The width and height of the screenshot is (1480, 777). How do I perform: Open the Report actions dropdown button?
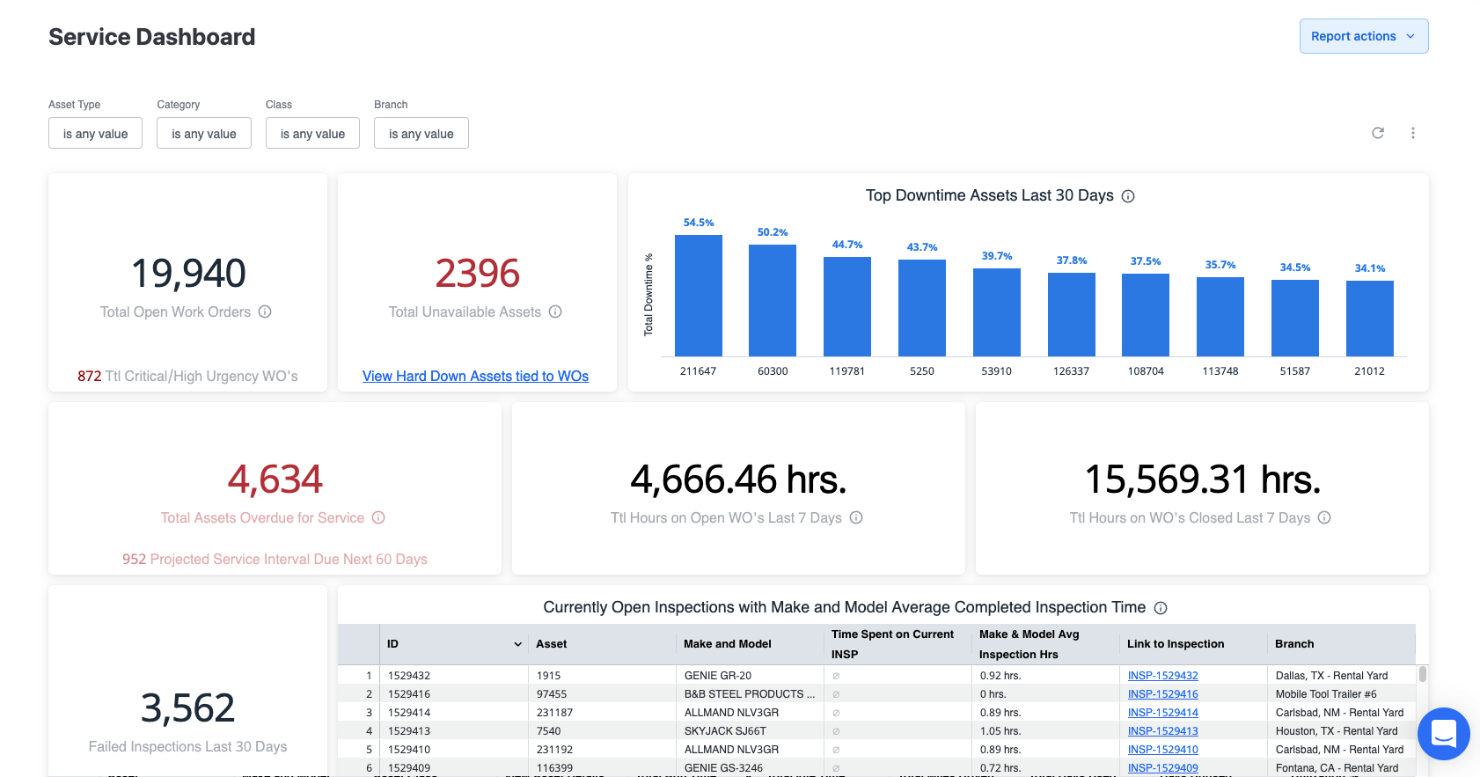tap(1363, 36)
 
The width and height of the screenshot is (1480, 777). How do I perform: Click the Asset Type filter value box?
tap(95, 134)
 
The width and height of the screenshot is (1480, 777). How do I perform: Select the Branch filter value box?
tap(421, 134)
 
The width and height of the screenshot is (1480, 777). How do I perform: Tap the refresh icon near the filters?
tap(1378, 133)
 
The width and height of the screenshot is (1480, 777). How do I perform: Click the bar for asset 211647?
tap(698, 296)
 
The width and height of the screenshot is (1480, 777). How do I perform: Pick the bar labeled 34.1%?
tap(1369, 319)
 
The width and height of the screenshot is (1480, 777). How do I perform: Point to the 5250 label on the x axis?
tap(921, 371)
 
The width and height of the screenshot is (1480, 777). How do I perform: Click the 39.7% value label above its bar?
tap(997, 256)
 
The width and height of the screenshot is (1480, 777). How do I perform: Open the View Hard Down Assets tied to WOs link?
tap(475, 377)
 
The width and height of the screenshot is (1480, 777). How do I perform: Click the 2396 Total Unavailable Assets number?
tap(477, 274)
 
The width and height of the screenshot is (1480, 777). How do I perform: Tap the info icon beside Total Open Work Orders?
tap(265, 312)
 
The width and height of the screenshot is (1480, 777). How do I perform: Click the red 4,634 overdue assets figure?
tap(275, 480)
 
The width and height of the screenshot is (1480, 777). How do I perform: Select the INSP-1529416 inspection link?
tap(1162, 694)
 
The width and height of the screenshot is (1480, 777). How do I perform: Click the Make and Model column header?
tap(728, 644)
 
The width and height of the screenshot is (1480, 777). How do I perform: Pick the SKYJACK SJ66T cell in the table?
tap(725, 731)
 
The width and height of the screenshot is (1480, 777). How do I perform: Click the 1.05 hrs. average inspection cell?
tap(1000, 731)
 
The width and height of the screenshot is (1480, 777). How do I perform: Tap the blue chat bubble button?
tap(1443, 733)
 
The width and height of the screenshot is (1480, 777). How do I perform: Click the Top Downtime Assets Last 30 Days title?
tap(989, 195)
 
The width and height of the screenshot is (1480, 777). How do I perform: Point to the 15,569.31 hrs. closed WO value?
tap(1202, 480)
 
